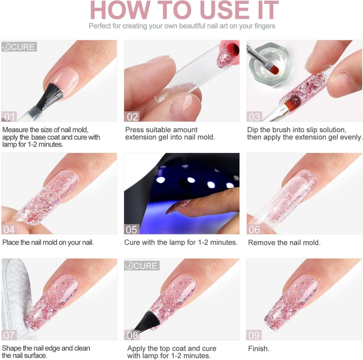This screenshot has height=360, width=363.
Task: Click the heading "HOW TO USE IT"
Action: [184, 10]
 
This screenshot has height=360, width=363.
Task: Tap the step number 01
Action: [9, 116]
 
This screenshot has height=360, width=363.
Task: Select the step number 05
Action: [131, 230]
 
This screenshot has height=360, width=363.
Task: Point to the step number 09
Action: [254, 335]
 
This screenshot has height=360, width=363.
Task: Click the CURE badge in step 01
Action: [19, 47]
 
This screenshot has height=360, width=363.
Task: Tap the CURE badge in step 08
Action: [142, 266]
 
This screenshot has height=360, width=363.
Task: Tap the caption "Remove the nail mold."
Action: [284, 243]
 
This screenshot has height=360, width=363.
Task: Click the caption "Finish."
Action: [258, 349]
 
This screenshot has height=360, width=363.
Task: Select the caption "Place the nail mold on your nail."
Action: [48, 242]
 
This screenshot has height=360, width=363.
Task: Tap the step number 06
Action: [254, 230]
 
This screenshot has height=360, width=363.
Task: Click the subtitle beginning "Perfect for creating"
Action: [182, 26]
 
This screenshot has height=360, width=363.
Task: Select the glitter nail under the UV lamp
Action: [175, 208]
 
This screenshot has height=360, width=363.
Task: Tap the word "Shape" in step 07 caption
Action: [11, 348]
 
